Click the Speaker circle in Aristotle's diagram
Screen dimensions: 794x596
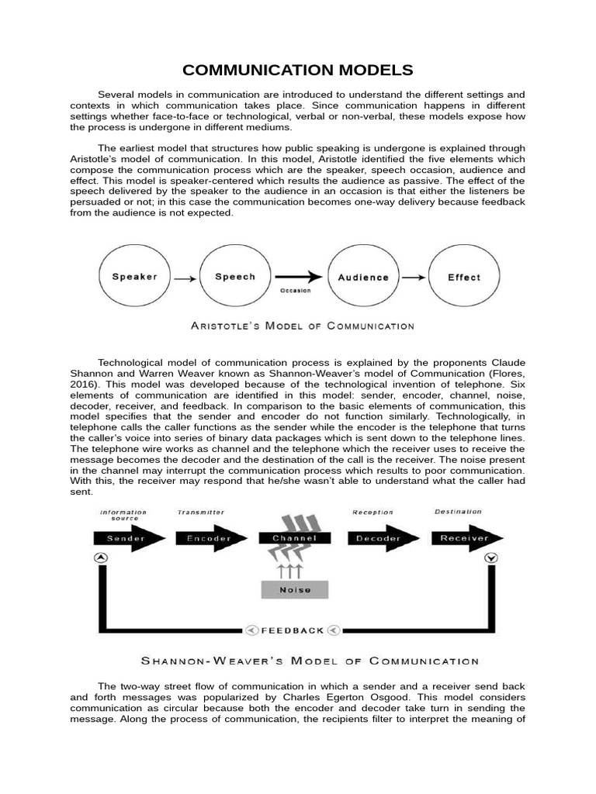pos(135,277)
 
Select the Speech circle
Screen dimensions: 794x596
pos(235,277)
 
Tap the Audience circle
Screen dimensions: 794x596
pos(363,277)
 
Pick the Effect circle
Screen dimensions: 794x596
pos(464,277)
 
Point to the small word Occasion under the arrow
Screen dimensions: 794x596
pos(295,291)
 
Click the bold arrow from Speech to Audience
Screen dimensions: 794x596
pos(298,276)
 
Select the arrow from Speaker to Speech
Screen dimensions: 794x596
pos(185,278)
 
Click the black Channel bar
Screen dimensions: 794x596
pos(293,538)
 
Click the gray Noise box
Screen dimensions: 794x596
pos(294,589)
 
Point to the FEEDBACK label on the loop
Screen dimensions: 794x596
pos(293,630)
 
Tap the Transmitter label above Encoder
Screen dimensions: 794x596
pos(200,513)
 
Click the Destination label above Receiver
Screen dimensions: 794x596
pos(458,512)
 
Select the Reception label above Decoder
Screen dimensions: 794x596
pos(373,513)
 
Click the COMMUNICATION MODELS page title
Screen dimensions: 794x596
pos(297,71)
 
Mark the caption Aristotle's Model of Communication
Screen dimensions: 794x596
pos(303,326)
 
